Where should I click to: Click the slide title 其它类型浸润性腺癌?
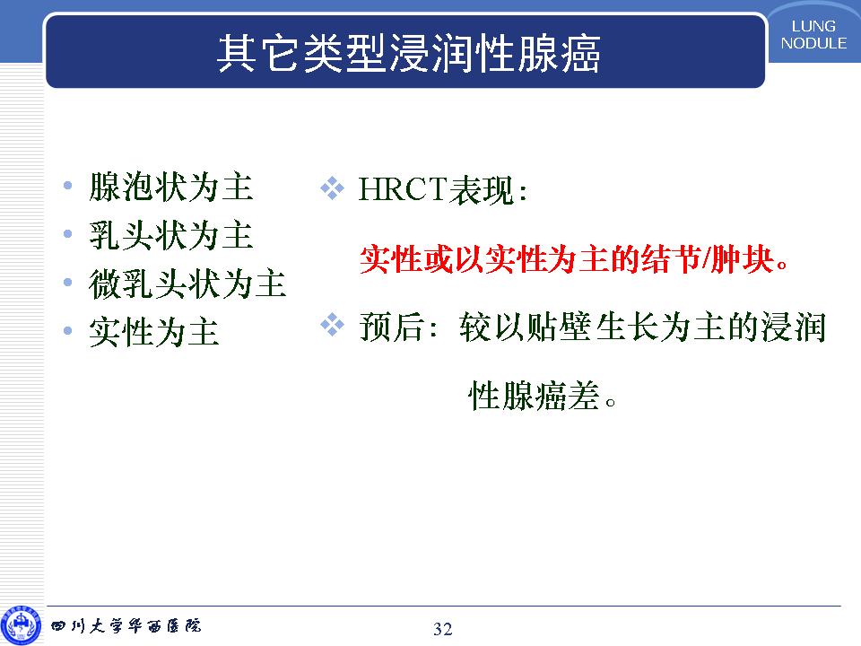[x=409, y=53]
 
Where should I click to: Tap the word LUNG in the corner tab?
[x=813, y=26]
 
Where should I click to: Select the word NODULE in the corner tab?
[x=813, y=43]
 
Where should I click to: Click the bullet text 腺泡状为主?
[x=170, y=187]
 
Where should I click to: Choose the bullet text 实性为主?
[x=154, y=331]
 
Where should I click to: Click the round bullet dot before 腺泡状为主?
[x=67, y=186]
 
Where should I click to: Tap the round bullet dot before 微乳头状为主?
[x=67, y=283]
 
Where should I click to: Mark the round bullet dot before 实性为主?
[x=67, y=331]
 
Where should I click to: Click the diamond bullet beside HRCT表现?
[x=332, y=188]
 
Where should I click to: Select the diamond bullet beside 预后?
[x=332, y=324]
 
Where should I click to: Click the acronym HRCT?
[x=403, y=189]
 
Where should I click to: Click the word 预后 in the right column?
[x=391, y=327]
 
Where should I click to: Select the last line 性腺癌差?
[x=543, y=395]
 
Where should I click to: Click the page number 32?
[x=442, y=629]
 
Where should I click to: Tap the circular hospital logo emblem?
[x=21, y=625]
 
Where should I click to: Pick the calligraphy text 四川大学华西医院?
[x=126, y=625]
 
